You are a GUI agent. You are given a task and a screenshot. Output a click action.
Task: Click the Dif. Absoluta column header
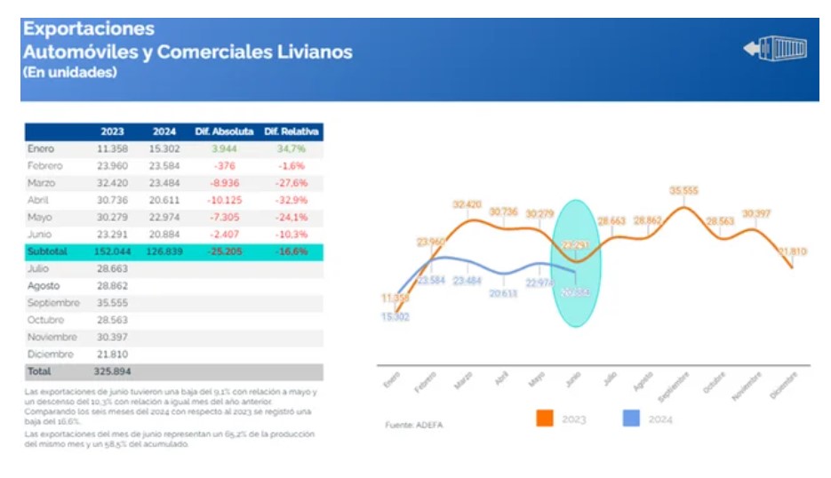coord(224,131)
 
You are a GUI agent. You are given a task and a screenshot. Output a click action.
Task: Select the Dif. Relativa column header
coord(292,131)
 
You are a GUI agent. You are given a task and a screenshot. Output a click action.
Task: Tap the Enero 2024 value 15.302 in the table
coord(164,148)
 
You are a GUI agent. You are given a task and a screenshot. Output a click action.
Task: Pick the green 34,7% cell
coord(292,148)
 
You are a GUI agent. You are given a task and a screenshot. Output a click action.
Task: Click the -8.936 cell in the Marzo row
coord(224,183)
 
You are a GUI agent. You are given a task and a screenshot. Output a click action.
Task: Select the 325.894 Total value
coord(112,371)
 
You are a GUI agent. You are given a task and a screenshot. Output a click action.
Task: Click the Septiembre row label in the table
coord(52,302)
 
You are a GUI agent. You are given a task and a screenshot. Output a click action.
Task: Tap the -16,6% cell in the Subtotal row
coord(292,251)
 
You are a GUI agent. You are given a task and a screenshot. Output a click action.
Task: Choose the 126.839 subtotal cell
coord(164,251)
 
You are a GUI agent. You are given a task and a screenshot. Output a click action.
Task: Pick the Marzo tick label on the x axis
coord(463,378)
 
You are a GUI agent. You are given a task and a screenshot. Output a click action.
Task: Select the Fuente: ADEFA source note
coord(414,426)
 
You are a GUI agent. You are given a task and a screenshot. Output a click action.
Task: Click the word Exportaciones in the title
coord(88,29)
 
